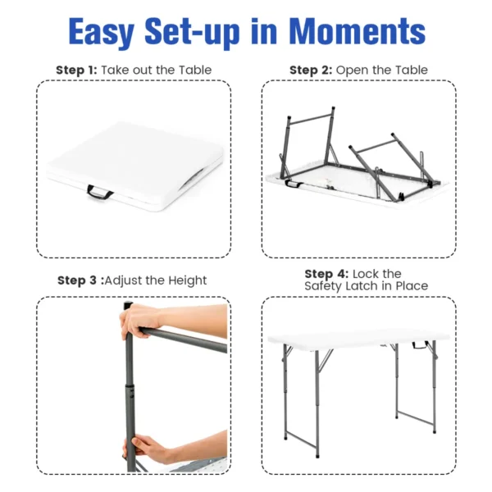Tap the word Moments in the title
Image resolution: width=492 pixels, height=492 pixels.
[x=358, y=32]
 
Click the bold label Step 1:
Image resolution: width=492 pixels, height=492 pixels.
[x=76, y=71]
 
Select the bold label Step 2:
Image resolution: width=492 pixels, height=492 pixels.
[x=311, y=71]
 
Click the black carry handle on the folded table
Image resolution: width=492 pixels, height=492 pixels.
[x=100, y=193]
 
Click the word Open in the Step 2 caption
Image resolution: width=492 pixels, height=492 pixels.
[x=353, y=71]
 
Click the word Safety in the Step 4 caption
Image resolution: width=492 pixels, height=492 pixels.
[x=324, y=286]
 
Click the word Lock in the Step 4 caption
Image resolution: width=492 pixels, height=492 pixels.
[x=367, y=273]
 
